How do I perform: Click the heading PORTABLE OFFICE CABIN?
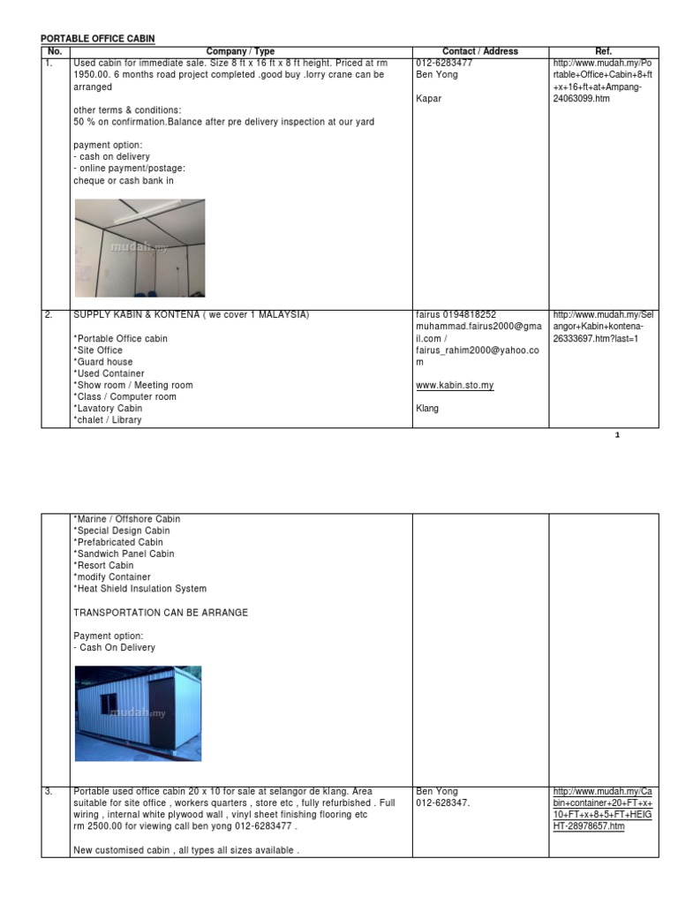click(x=98, y=40)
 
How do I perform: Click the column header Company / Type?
click(x=240, y=51)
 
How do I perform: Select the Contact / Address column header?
click(x=480, y=51)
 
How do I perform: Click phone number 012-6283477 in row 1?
click(x=444, y=64)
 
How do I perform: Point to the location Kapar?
click(x=428, y=99)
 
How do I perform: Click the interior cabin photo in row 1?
click(x=139, y=247)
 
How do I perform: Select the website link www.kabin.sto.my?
click(x=455, y=386)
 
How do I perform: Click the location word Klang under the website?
click(x=427, y=409)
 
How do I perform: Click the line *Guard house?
click(x=103, y=362)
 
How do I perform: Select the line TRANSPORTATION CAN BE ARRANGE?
click(x=161, y=613)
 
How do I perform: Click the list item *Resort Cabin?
click(x=103, y=566)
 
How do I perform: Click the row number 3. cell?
click(x=50, y=792)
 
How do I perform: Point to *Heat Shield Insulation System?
click(x=139, y=589)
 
